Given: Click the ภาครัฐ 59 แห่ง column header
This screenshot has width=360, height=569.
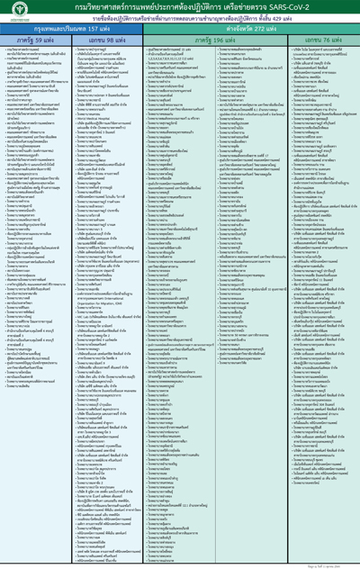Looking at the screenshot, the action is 36,41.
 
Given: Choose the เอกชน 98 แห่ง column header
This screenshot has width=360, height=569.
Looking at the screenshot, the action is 104,41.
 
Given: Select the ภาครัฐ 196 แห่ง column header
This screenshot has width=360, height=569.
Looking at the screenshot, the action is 207,41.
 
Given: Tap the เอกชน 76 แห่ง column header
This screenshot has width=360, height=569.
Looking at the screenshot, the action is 311,41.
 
